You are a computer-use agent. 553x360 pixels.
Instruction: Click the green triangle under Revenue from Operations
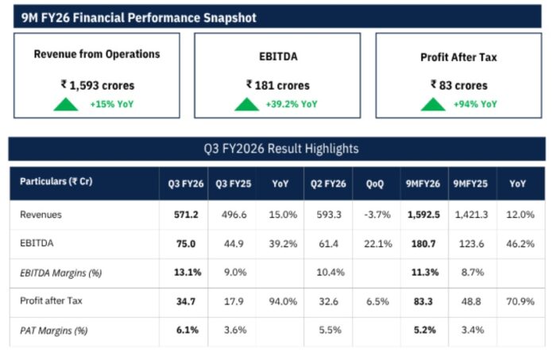(65, 103)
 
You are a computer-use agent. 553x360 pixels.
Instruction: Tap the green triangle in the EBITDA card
(246, 103)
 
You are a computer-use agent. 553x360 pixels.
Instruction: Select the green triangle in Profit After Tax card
(432, 103)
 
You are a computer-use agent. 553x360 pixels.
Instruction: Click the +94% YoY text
(475, 104)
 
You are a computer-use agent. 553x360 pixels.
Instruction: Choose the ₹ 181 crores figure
(277, 84)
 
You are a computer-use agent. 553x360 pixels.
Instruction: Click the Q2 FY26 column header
(330, 183)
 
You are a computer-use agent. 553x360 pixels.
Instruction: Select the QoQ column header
(375, 183)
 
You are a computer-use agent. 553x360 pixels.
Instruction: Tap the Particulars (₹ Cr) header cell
(56, 182)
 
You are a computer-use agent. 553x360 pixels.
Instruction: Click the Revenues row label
(41, 214)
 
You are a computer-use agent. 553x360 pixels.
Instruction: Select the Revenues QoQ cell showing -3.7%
(377, 214)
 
